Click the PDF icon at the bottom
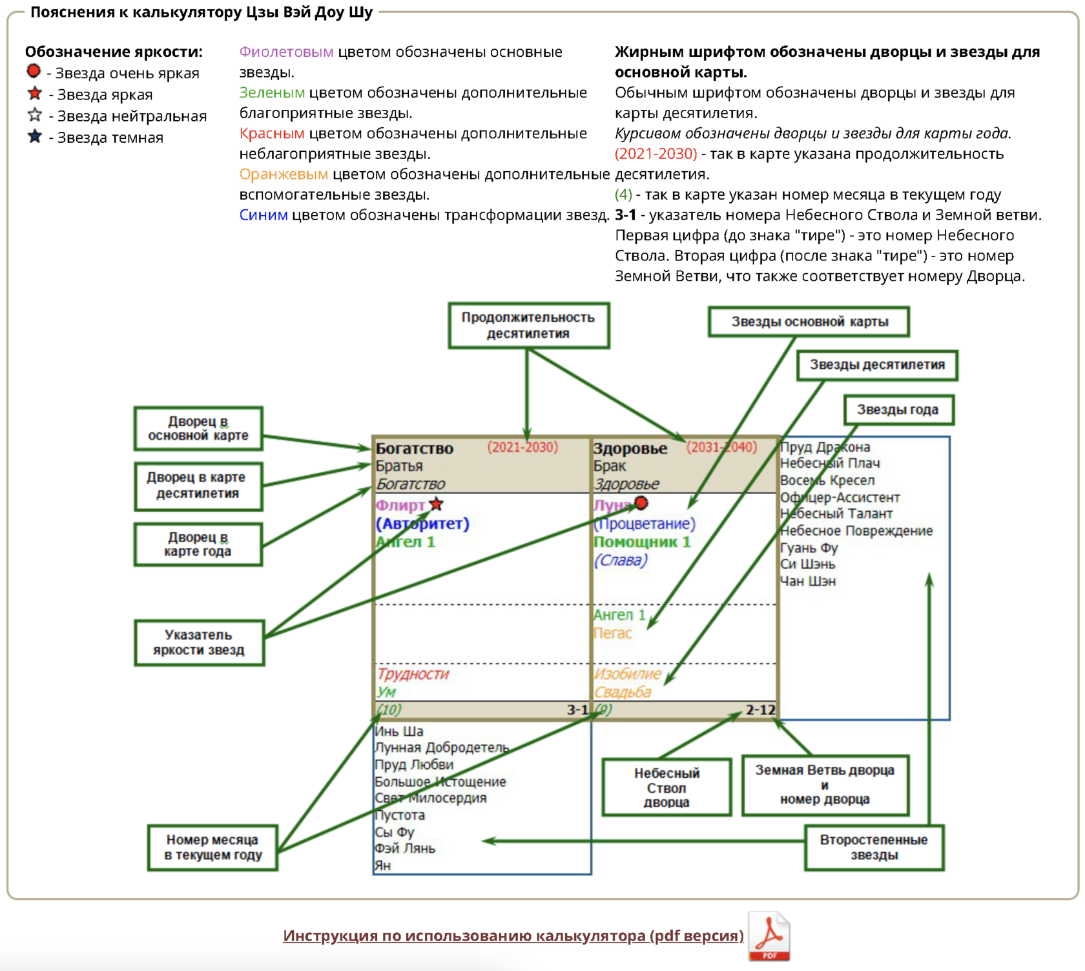(x=769, y=936)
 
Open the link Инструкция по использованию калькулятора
(x=513, y=935)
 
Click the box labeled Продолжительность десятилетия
(x=528, y=326)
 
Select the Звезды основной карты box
(x=809, y=322)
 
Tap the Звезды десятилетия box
(x=876, y=365)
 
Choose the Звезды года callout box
(x=898, y=410)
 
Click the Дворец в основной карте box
(x=198, y=428)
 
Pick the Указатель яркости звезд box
(x=199, y=643)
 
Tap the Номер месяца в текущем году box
(x=212, y=848)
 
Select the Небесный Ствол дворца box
(x=666, y=787)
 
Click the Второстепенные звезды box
(x=874, y=848)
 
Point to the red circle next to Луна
(x=641, y=503)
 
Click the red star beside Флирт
(x=436, y=504)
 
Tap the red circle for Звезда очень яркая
(x=34, y=71)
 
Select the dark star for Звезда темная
(x=35, y=136)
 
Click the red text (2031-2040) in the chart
(x=721, y=447)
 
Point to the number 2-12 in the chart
(x=760, y=709)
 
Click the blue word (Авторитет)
(x=422, y=523)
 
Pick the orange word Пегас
(x=612, y=633)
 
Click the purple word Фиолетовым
(x=286, y=52)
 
